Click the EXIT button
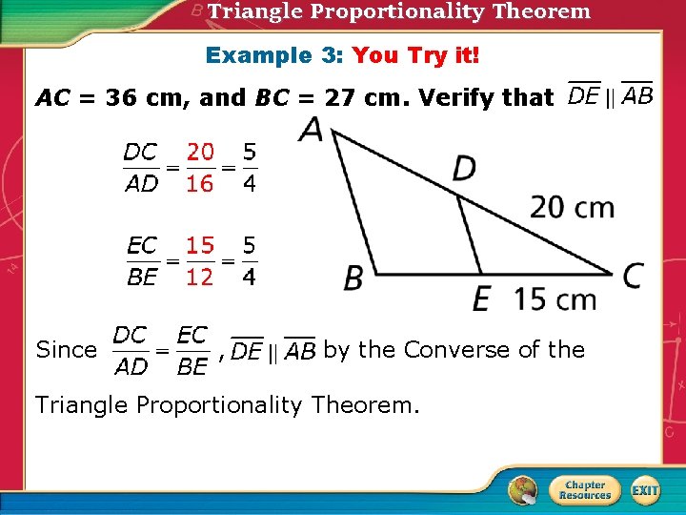[x=645, y=490]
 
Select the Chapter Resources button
[x=584, y=490]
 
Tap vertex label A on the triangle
[x=311, y=131]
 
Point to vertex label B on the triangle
[x=353, y=278]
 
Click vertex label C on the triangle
[x=633, y=276]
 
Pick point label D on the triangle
[x=465, y=170]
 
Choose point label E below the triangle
[x=481, y=299]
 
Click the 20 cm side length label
[x=572, y=207]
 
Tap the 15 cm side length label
[x=555, y=299]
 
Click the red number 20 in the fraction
[x=200, y=152]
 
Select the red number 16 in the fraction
[x=200, y=184]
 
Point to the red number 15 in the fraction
[x=200, y=246]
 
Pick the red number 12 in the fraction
[x=200, y=278]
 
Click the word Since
[x=66, y=350]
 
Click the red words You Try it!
[x=416, y=55]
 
